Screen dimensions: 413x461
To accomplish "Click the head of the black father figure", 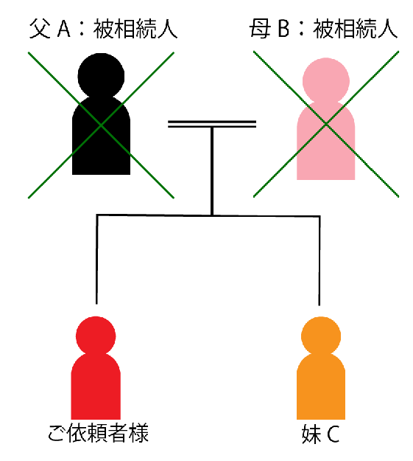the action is pyautogui.click(x=101, y=76).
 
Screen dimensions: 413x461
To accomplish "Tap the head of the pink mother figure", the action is pyautogui.click(x=326, y=80).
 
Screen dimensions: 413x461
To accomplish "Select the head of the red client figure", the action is pyautogui.click(x=96, y=336).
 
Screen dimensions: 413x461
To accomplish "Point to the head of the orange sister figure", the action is pyautogui.click(x=321, y=336).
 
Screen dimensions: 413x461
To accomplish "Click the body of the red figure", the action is pyautogui.click(x=96, y=387).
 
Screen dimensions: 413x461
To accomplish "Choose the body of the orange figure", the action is pyautogui.click(x=321, y=387).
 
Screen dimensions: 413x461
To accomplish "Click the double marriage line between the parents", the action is pyautogui.click(x=212, y=124).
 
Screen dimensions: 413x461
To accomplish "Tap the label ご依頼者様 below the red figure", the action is pyautogui.click(x=99, y=434).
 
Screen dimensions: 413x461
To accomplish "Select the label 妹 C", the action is pyautogui.click(x=320, y=434).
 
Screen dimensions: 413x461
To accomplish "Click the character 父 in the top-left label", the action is pyautogui.click(x=40, y=29).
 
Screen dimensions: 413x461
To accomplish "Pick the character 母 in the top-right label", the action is pyautogui.click(x=261, y=29).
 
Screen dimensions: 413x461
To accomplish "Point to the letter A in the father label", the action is pyautogui.click(x=64, y=30).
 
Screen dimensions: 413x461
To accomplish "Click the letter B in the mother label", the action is pyautogui.click(x=283, y=30).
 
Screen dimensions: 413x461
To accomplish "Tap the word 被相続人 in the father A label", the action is pyautogui.click(x=135, y=29).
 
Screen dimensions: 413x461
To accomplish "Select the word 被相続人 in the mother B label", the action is pyautogui.click(x=355, y=29).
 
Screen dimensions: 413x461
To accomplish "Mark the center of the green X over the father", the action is pyautogui.click(x=101, y=125).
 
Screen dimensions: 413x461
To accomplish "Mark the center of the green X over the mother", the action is pyautogui.click(x=326, y=125).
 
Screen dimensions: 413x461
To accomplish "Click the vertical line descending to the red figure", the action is pyautogui.click(x=97, y=260).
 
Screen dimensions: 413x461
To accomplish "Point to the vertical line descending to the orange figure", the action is pyautogui.click(x=320, y=261).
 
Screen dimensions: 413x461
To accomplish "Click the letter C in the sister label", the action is pyautogui.click(x=333, y=434).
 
